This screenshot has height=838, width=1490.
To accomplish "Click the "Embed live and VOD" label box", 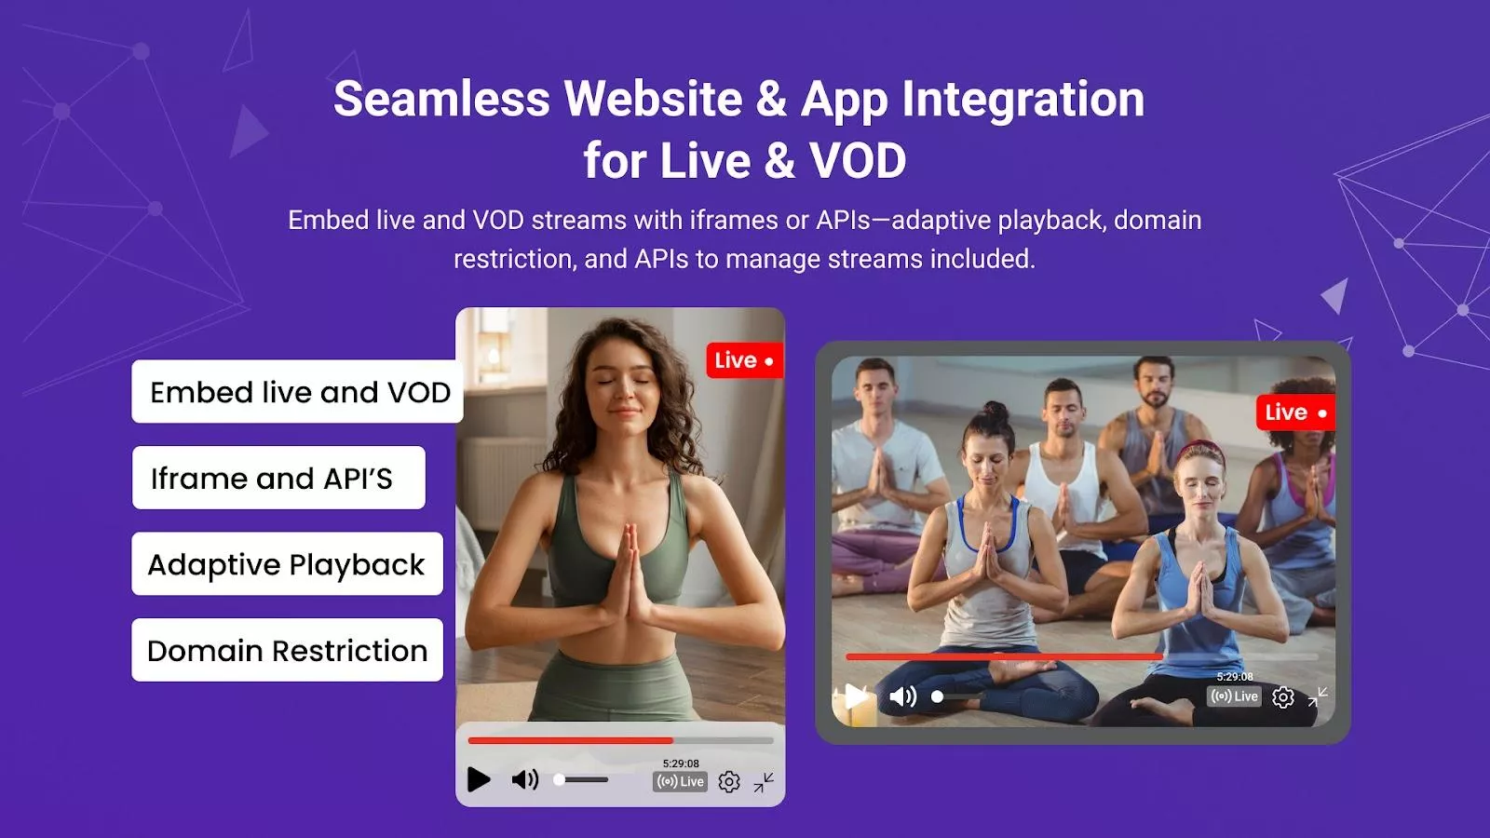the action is (297, 392).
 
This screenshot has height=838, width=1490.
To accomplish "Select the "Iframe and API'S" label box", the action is (278, 478).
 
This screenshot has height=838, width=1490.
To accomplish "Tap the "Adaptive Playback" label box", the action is (288, 564).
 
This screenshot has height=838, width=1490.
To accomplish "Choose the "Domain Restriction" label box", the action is (288, 650).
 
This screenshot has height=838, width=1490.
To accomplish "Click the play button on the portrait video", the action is (479, 779).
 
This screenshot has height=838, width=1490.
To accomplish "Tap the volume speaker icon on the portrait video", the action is (525, 779).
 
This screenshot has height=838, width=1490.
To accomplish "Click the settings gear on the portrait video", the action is (729, 781).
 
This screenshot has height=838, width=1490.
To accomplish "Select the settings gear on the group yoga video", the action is (1283, 697).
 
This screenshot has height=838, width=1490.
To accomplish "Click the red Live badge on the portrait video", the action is (745, 360).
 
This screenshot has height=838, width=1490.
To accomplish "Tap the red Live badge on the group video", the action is (1295, 412).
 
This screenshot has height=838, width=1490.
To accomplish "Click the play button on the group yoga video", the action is (856, 696).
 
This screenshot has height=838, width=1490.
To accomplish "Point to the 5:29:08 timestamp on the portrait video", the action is (681, 764).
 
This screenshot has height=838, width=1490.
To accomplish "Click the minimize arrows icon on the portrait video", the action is (764, 782).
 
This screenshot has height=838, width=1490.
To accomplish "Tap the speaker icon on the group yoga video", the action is (903, 696).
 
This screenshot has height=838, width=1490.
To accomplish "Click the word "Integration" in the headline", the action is (1023, 99).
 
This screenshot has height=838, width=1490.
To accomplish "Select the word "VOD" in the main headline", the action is (858, 160).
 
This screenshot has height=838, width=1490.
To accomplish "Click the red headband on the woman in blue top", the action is (1202, 451).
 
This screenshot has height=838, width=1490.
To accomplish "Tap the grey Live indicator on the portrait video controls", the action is (681, 781).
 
